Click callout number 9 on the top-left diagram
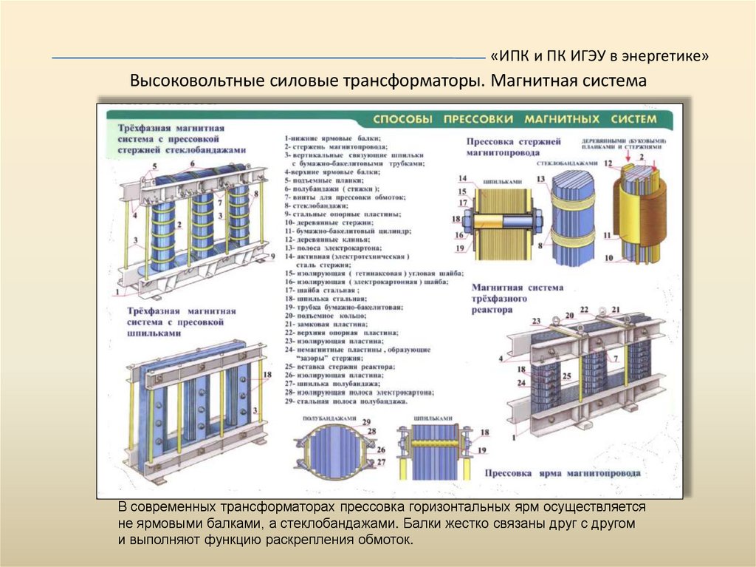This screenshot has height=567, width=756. pos(272,256)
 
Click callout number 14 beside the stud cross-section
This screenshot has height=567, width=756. pos(462,178)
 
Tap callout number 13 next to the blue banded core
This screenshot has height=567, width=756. pos(540,179)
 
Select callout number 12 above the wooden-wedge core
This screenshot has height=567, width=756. pos(608,163)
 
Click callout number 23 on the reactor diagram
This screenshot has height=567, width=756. pos(536,320)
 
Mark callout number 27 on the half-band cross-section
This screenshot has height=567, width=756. pos(381,462)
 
